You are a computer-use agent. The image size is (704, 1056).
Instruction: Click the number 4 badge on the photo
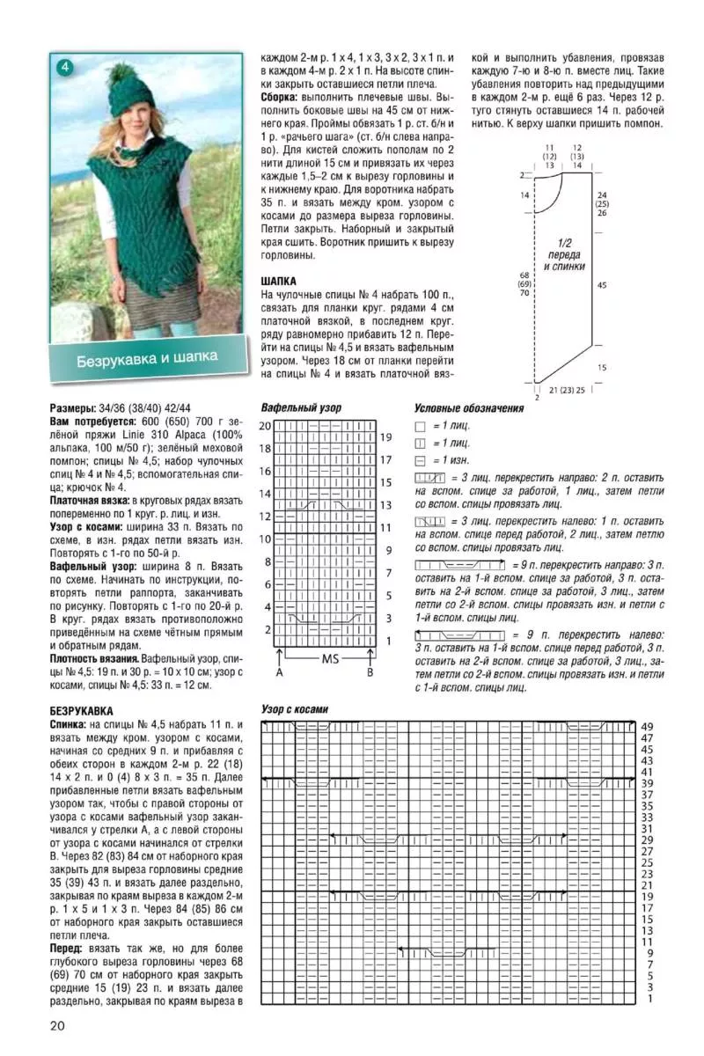[x=65, y=67]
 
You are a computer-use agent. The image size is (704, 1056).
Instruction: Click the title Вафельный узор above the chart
[x=301, y=408]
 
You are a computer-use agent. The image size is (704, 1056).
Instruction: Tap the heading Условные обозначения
[x=468, y=408]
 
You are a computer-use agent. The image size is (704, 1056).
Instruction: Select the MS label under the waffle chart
[x=331, y=658]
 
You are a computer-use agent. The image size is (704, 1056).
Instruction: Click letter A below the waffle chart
[x=279, y=673]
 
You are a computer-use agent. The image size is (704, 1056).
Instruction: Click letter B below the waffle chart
[x=370, y=673]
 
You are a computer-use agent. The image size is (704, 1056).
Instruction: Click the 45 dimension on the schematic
[x=602, y=284]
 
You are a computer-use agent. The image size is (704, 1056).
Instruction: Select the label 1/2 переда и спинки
[x=564, y=253]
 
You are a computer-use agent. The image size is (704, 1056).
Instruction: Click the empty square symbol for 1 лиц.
[x=420, y=426]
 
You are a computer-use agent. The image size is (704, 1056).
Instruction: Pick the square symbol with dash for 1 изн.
[x=420, y=459]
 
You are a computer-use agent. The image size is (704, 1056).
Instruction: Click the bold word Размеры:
[x=73, y=409]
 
